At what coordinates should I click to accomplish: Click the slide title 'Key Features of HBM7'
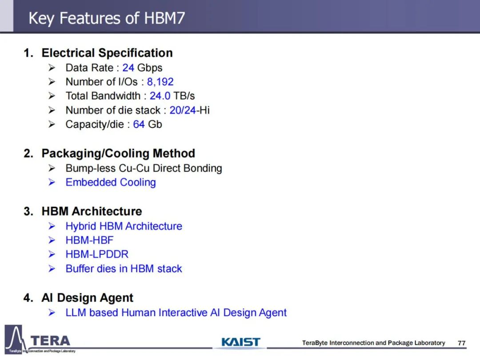point(107,18)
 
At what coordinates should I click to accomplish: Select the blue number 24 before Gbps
point(128,68)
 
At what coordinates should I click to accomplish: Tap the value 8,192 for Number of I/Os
point(160,82)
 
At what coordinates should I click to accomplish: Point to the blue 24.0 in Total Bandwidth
point(160,96)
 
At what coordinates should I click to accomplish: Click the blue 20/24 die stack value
point(183,110)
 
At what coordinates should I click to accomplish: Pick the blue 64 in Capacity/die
point(139,124)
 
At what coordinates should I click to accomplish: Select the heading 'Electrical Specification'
point(107,53)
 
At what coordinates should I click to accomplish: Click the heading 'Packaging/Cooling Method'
point(118,153)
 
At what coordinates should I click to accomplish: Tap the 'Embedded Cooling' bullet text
point(111,183)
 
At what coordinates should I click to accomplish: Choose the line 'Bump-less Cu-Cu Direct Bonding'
point(144,168)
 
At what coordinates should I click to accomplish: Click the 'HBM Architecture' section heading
point(92,211)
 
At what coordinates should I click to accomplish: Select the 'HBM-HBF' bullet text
point(89,240)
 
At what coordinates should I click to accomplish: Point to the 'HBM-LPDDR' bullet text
point(97,254)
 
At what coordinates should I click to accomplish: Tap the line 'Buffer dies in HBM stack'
point(124,269)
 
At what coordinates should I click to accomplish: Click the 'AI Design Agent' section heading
point(87,298)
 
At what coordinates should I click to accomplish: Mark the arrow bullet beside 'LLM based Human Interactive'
point(52,312)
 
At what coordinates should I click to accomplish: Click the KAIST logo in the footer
point(240,342)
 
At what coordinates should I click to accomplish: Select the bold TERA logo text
point(50,341)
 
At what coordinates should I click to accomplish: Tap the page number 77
point(462,343)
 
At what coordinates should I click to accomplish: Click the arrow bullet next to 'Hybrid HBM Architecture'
point(52,226)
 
